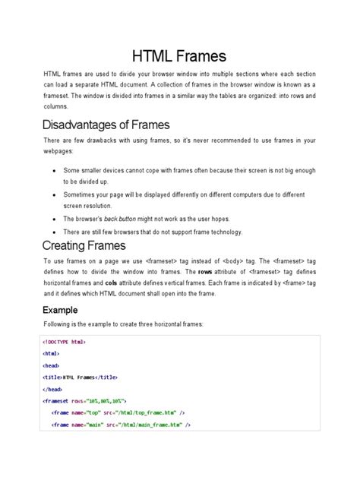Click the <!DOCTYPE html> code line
coord(65,343)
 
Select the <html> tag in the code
coord(52,353)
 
